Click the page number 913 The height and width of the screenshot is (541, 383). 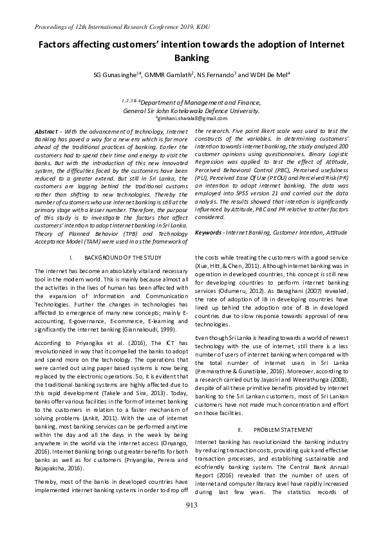pos(191,523)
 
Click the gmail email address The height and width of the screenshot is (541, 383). pos(191,118)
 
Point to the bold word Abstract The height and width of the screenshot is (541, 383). pos(48,131)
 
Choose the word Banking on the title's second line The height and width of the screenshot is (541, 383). pos(191,58)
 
